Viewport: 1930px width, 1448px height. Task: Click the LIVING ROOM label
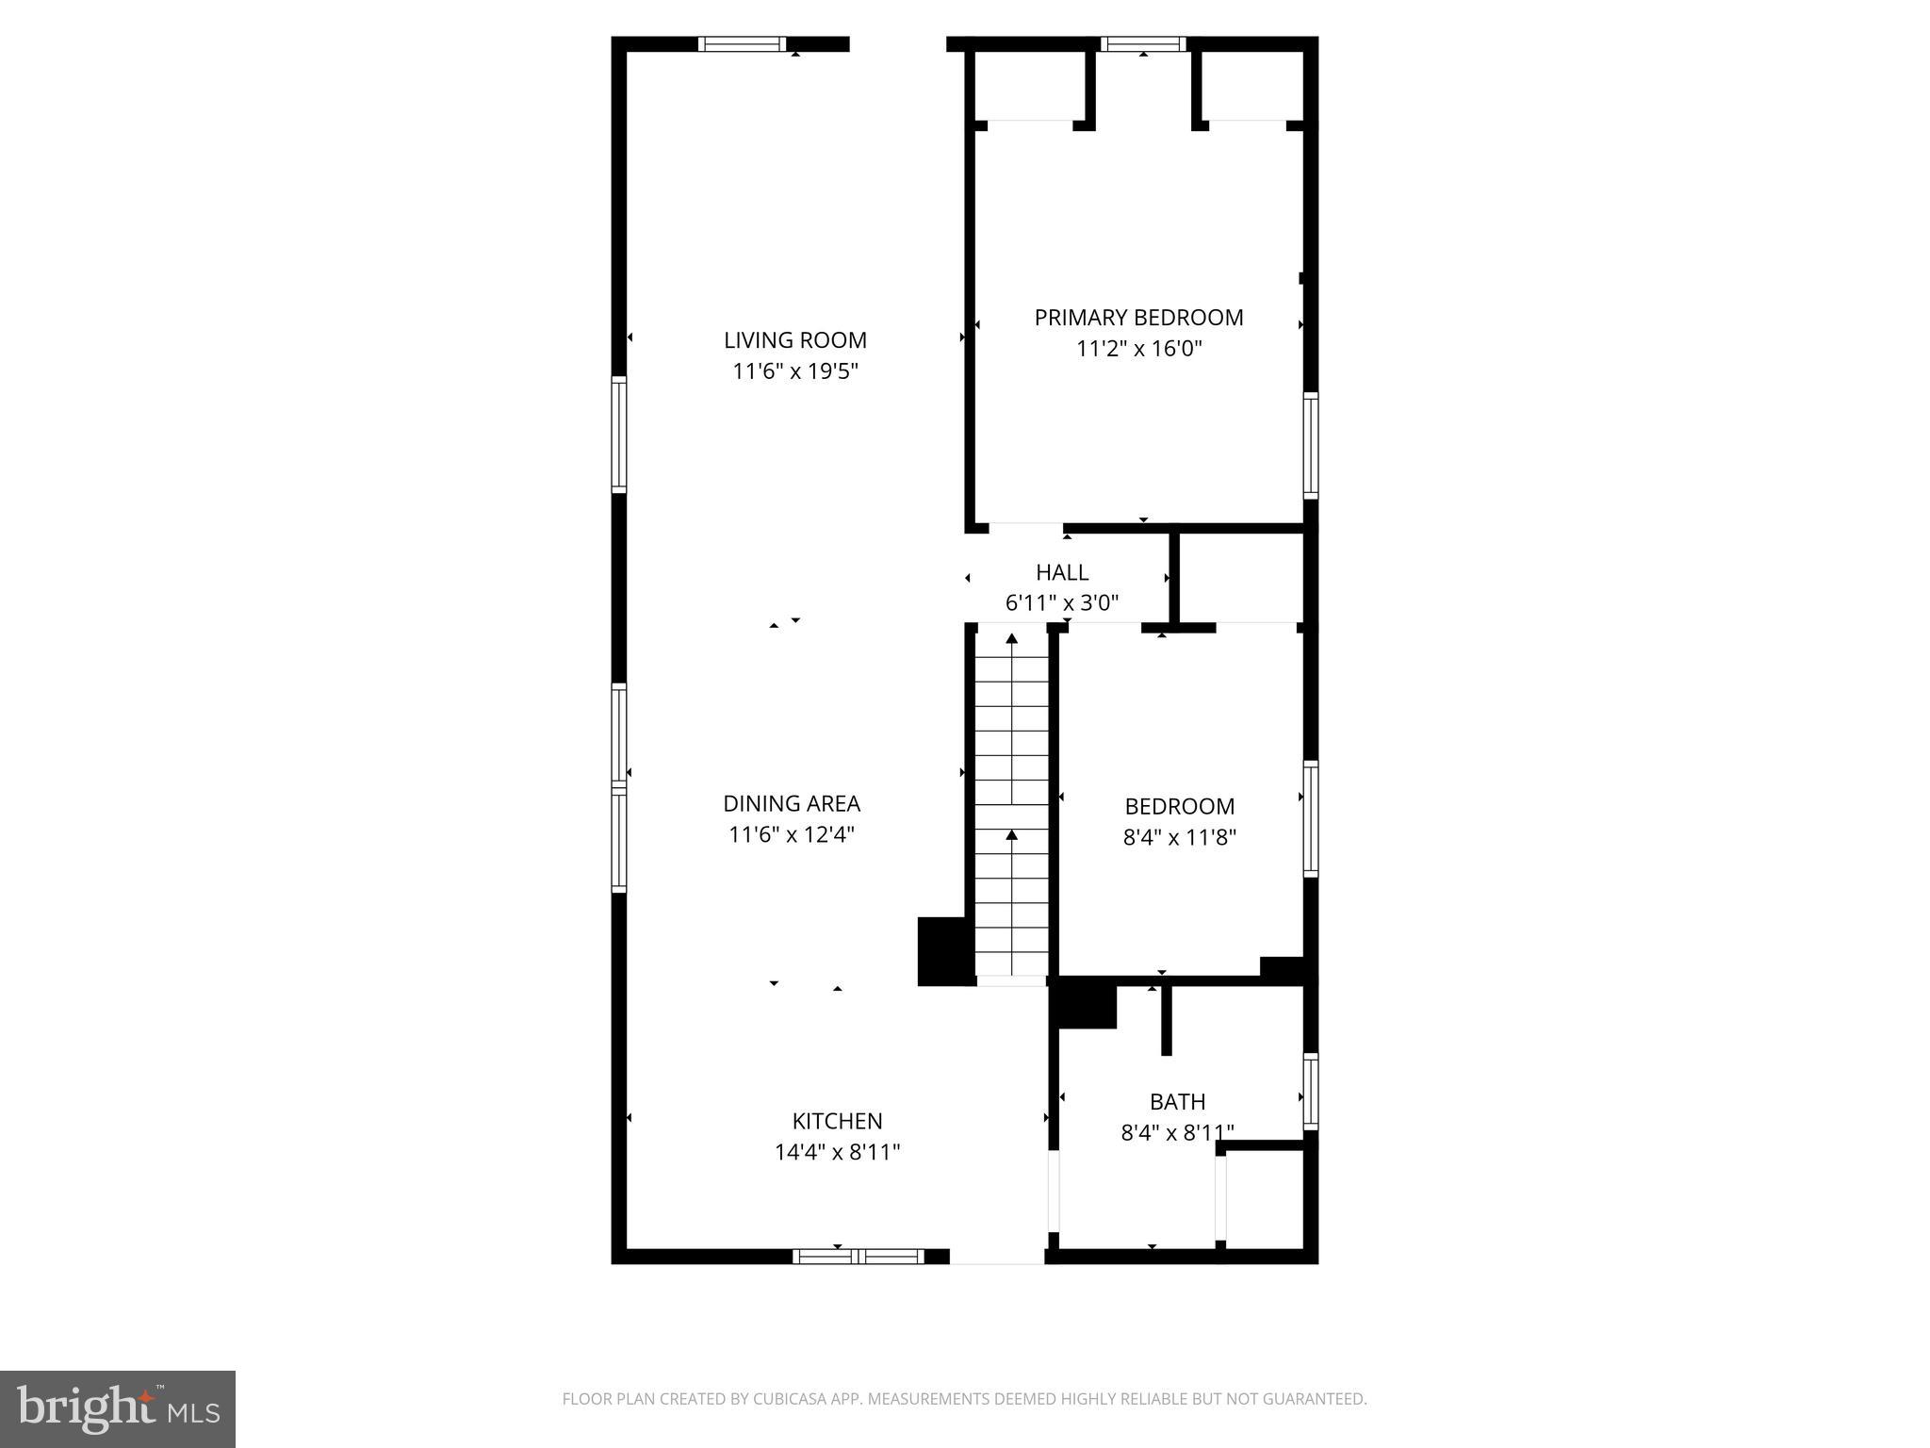[794, 340]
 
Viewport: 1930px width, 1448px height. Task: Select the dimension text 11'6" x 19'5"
[794, 371]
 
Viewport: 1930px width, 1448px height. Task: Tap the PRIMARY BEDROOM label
[1138, 318]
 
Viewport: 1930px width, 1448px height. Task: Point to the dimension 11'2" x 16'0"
[1138, 349]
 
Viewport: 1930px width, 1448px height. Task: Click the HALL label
[1062, 572]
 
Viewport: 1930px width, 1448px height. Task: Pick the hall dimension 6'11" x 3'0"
[1062, 603]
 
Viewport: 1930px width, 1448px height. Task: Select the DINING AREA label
[792, 803]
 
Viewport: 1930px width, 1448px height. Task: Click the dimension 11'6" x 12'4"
[792, 834]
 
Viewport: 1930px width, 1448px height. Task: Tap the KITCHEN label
[837, 1121]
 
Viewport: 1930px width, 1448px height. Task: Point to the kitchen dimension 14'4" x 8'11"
[837, 1152]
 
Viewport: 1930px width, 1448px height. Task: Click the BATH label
[1177, 1101]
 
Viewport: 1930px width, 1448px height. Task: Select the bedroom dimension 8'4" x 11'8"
[1179, 837]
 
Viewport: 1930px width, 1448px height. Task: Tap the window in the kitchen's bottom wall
[859, 1256]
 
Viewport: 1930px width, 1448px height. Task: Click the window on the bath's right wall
[1310, 1091]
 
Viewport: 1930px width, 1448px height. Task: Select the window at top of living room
[742, 43]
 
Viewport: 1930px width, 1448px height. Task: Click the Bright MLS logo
[118, 1408]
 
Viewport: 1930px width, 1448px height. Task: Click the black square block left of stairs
[942, 950]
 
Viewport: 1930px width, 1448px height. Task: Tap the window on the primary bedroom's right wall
[1310, 445]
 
